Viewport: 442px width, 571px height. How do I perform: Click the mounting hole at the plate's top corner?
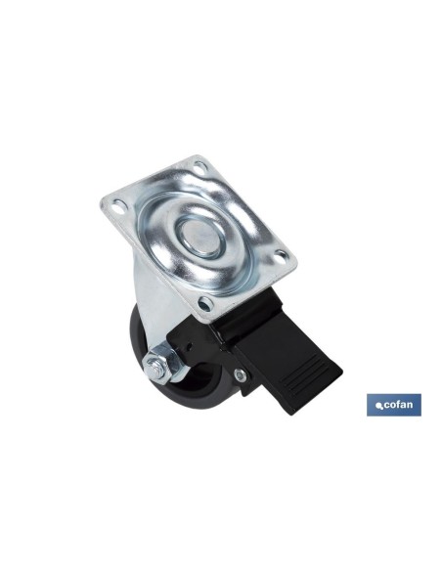(199, 168)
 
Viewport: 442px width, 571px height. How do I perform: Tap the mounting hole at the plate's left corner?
(118, 207)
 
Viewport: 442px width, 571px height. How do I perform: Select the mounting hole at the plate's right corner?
(280, 256)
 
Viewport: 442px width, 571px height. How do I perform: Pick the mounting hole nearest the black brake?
(205, 304)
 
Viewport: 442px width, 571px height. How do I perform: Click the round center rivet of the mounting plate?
(201, 236)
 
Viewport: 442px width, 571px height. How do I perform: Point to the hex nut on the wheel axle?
(158, 363)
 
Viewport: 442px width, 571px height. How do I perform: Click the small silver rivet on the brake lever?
(241, 373)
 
